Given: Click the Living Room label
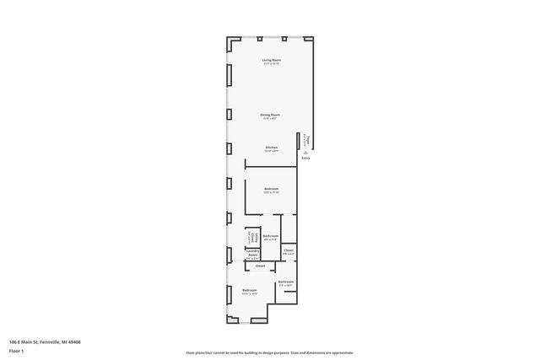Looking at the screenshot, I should pyautogui.click(x=271, y=60).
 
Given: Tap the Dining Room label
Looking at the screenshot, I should pyautogui.click(x=270, y=114).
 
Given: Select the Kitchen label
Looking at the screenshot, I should pyautogui.click(x=271, y=148).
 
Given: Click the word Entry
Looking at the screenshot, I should pyautogui.click(x=305, y=159).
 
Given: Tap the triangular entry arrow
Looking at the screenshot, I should pyautogui.click(x=305, y=153).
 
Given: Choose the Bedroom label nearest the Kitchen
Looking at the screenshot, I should pyautogui.click(x=271, y=188).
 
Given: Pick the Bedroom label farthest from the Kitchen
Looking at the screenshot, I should pyautogui.click(x=249, y=290).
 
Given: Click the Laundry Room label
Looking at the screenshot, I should pyautogui.click(x=252, y=252).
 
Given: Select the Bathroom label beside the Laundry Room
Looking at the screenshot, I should pyautogui.click(x=271, y=236).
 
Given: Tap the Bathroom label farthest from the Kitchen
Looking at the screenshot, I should pyautogui.click(x=286, y=282).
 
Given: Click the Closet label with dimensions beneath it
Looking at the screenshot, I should pyautogui.click(x=289, y=250).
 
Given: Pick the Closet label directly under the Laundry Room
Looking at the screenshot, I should pyautogui.click(x=260, y=266).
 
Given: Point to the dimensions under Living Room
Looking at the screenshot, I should pyautogui.click(x=271, y=64).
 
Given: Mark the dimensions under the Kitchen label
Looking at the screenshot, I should pyautogui.click(x=271, y=152).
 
